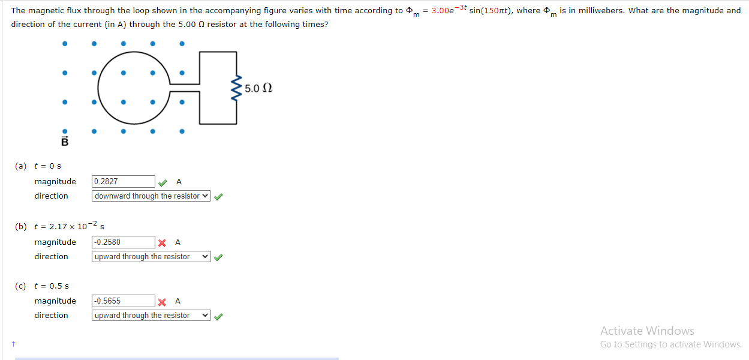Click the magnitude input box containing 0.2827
(124, 181)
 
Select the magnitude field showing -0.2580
(124, 242)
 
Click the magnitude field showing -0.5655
(124, 301)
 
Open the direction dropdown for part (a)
(152, 196)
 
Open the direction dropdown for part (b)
(152, 257)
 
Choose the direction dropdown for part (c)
(152, 316)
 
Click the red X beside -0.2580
(162, 242)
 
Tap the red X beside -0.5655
(162, 301)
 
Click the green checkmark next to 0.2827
(163, 182)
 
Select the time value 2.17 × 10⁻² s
(70, 226)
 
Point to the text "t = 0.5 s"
(52, 286)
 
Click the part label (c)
(21, 286)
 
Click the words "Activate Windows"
(647, 331)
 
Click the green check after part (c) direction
(219, 316)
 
